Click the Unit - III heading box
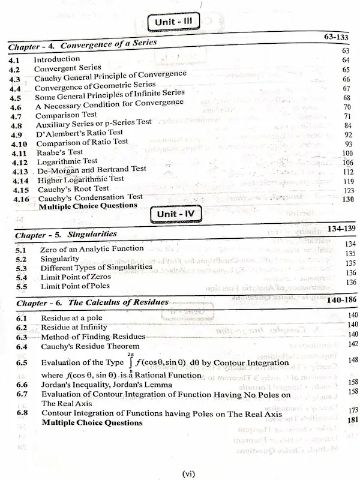pos(174,22)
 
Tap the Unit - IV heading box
pos(175,214)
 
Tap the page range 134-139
pos(335,229)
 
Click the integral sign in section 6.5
pos(130,362)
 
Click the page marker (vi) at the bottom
pos(188,473)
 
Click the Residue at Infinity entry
pos(74,328)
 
